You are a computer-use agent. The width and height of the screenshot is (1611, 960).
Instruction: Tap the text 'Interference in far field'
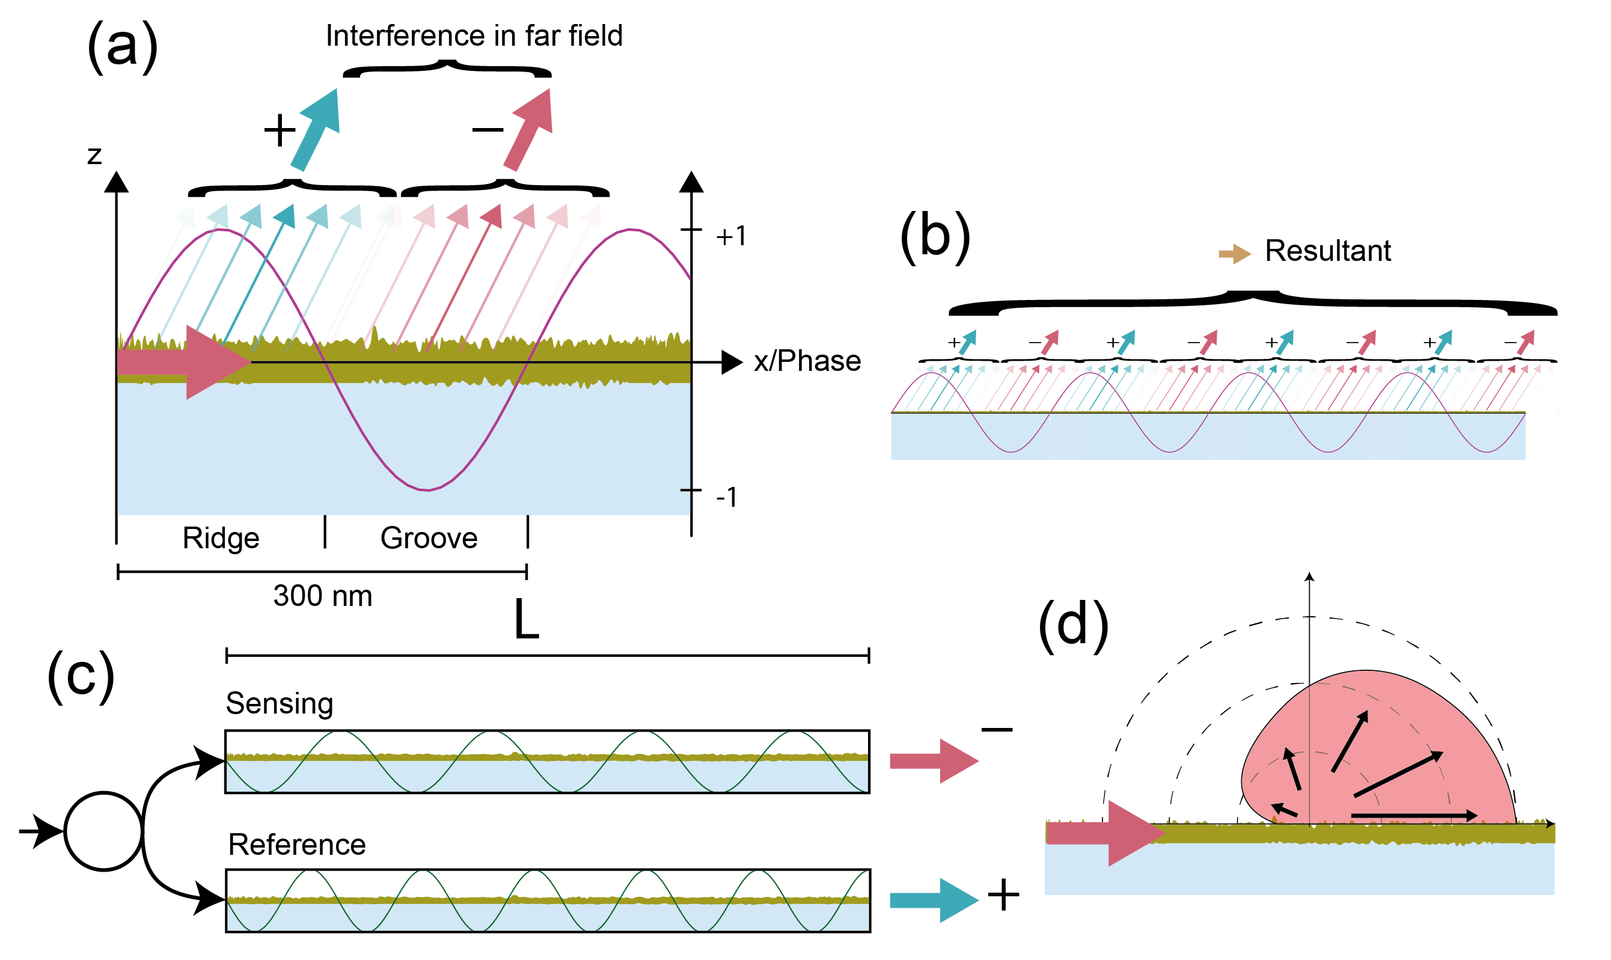coord(474,35)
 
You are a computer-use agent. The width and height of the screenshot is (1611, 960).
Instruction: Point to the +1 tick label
coord(731,236)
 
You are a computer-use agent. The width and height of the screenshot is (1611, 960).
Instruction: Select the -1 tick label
coord(726,498)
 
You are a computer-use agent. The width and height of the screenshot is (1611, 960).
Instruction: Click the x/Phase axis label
coord(807,361)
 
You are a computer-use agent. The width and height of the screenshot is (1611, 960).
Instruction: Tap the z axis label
coord(94,155)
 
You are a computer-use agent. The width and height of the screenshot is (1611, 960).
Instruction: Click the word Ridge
coord(221,538)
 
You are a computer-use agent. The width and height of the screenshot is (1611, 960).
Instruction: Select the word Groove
coord(429,538)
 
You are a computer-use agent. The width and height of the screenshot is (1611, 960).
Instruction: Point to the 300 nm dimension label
coord(323,596)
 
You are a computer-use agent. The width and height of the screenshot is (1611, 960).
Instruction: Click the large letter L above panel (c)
coord(527,620)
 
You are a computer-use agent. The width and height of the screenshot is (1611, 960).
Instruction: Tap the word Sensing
coord(280,703)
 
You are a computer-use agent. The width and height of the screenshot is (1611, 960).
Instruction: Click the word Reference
coord(297,845)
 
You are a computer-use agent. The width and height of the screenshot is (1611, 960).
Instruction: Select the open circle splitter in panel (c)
coord(103,831)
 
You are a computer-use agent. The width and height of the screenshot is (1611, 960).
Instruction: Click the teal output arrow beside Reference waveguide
coord(933,900)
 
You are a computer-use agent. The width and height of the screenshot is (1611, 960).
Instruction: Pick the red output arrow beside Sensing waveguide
coord(933,761)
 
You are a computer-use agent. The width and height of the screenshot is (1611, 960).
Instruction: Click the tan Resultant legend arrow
coord(1234,254)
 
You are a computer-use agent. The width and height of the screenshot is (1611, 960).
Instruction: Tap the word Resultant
coord(1327,251)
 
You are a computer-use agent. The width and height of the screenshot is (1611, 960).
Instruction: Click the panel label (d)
coord(1073,626)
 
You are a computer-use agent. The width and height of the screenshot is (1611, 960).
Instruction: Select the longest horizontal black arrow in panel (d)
coord(1413,816)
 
